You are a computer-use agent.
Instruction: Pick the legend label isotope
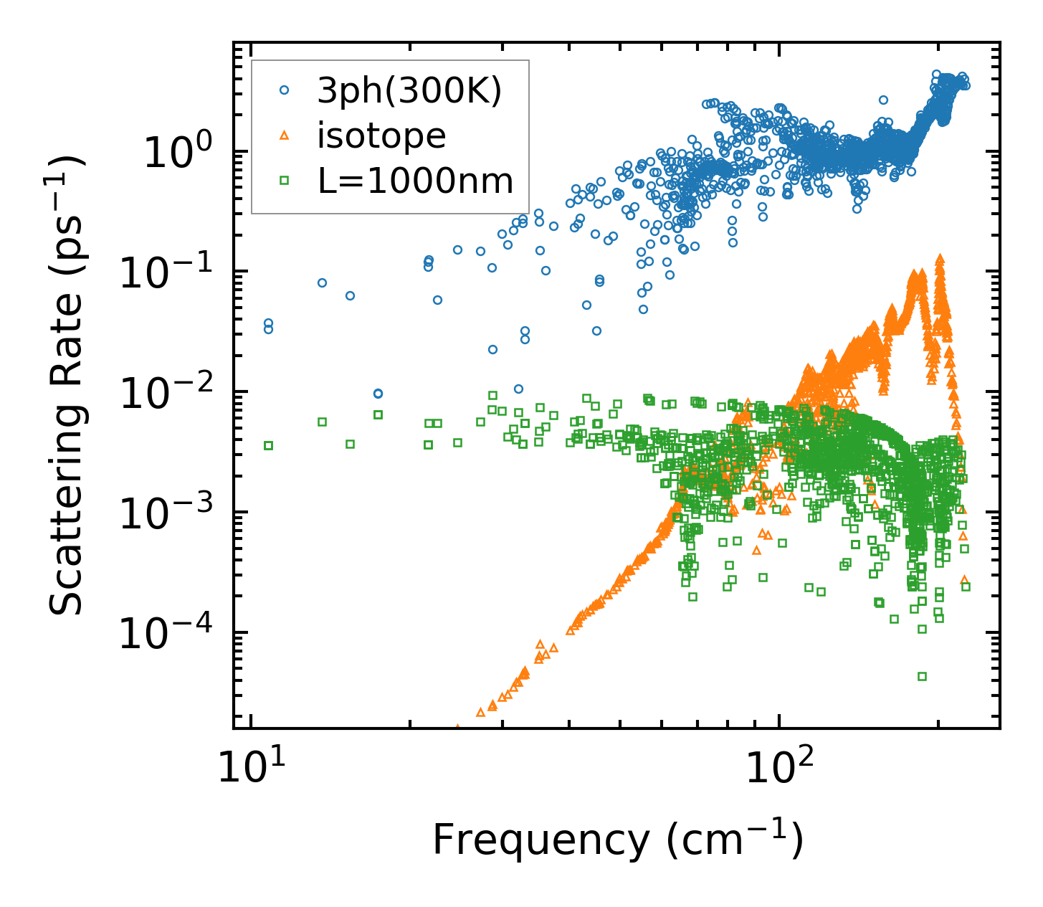coord(381,136)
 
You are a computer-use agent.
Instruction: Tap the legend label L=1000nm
coord(415,181)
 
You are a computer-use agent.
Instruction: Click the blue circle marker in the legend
coord(284,90)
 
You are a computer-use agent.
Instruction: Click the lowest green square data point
coord(922,676)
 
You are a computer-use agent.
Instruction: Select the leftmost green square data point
coord(268,445)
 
